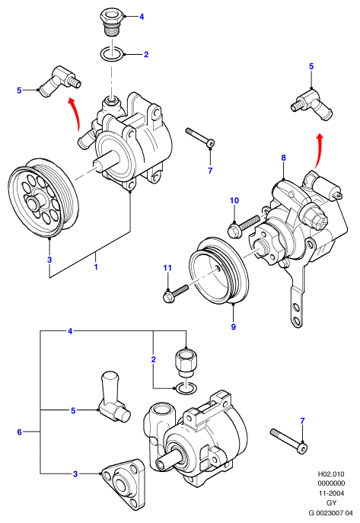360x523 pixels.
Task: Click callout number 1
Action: point(96,267)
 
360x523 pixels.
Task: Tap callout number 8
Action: point(283,158)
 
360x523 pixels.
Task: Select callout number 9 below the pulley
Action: point(234,327)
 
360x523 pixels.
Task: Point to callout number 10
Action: point(234,200)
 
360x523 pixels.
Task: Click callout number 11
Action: point(167,267)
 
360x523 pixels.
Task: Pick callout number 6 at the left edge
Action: point(19,432)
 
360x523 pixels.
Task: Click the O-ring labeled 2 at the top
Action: point(111,53)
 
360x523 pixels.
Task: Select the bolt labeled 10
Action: point(243,225)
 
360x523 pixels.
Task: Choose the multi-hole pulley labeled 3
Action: point(43,197)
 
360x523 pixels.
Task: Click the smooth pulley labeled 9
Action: point(218,271)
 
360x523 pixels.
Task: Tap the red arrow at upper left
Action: point(76,113)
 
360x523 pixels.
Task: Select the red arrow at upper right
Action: point(319,150)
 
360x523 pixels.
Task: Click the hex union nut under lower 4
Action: point(186,362)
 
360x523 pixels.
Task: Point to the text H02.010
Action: point(331,474)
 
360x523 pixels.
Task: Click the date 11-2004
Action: point(331,493)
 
